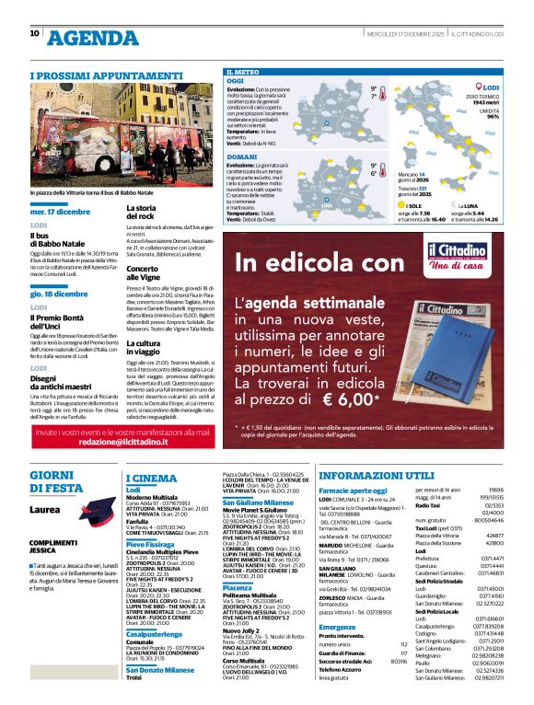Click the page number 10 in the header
pyautogui.click(x=35, y=33)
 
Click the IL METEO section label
pyautogui.click(x=240, y=71)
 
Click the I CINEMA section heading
pyautogui.click(x=151, y=479)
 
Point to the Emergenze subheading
pyautogui.click(x=337, y=628)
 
